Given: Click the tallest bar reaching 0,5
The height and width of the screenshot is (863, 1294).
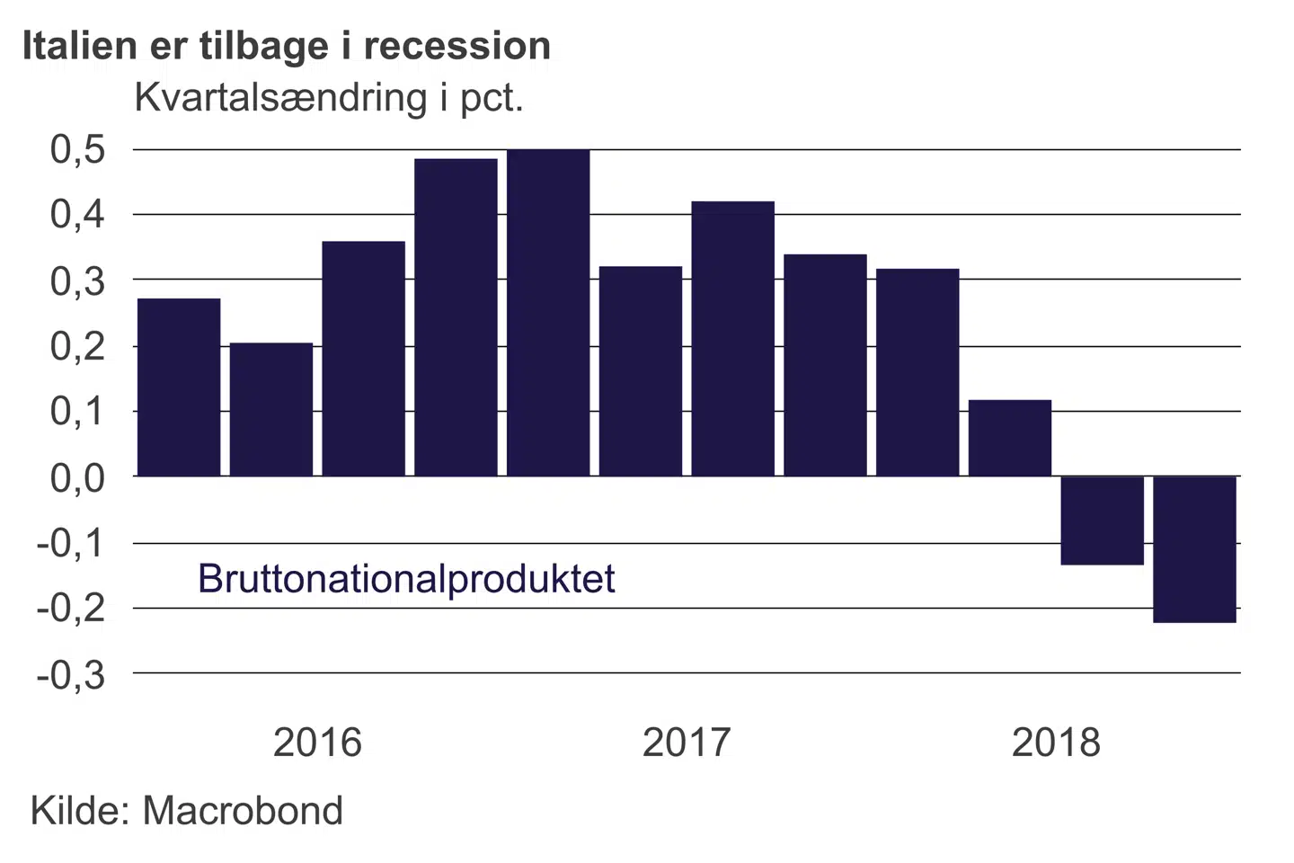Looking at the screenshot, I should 548,312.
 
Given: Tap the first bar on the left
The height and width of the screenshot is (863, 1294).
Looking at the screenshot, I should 178,387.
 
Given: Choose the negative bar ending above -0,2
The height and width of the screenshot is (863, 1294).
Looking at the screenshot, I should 1102,520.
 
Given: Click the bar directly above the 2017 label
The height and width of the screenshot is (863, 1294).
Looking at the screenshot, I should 732,338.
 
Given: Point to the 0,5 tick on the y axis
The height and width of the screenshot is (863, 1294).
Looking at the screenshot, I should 78,149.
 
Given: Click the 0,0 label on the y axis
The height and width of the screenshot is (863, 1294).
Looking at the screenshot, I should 78,477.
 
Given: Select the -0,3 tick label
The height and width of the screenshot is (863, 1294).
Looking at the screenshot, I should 71,674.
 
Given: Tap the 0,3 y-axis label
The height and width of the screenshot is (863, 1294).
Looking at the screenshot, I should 78,280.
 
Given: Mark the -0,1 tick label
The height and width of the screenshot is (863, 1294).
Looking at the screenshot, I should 71,543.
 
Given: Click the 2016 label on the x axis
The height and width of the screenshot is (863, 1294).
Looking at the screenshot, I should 317,743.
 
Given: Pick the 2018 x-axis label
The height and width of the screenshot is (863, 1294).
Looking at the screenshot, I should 1056,743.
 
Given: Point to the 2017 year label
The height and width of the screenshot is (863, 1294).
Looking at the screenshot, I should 687,743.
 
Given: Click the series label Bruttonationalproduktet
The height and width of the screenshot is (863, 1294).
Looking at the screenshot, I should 406,578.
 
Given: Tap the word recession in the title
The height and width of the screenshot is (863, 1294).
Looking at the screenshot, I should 457,45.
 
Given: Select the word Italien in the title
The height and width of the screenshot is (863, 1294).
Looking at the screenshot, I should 80,45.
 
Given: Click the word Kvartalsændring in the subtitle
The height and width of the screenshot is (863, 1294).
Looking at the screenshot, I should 280,97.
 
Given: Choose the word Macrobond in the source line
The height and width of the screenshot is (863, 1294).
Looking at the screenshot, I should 243,811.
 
